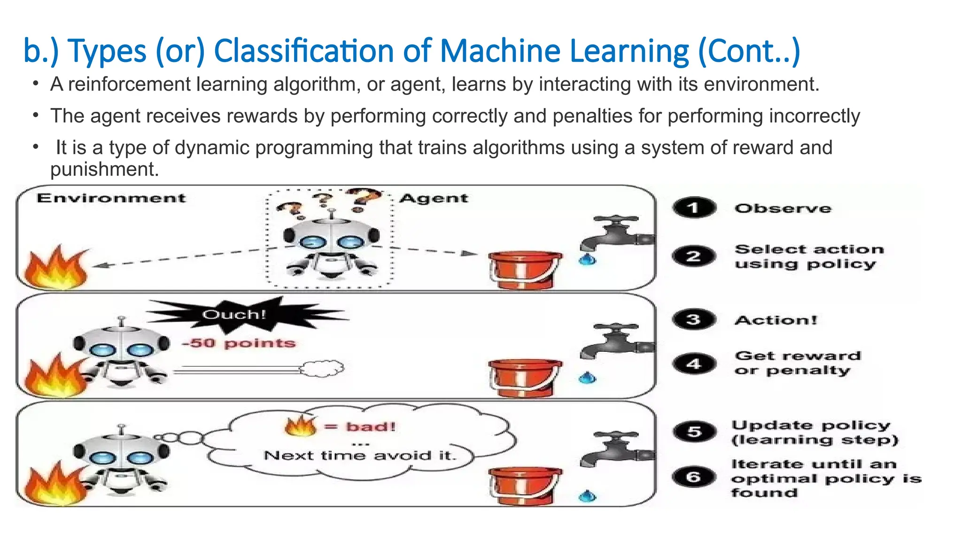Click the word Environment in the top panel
point(111,198)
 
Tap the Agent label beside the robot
point(434,199)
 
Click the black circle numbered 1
point(694,208)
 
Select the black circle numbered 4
point(694,363)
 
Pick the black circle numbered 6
point(694,477)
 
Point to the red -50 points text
point(239,343)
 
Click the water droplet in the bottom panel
point(587,496)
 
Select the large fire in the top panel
point(55,269)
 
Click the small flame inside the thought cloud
point(301,426)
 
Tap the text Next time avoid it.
point(360,455)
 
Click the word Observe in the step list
point(783,209)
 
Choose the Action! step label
point(776,320)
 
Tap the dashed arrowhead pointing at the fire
point(99,266)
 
